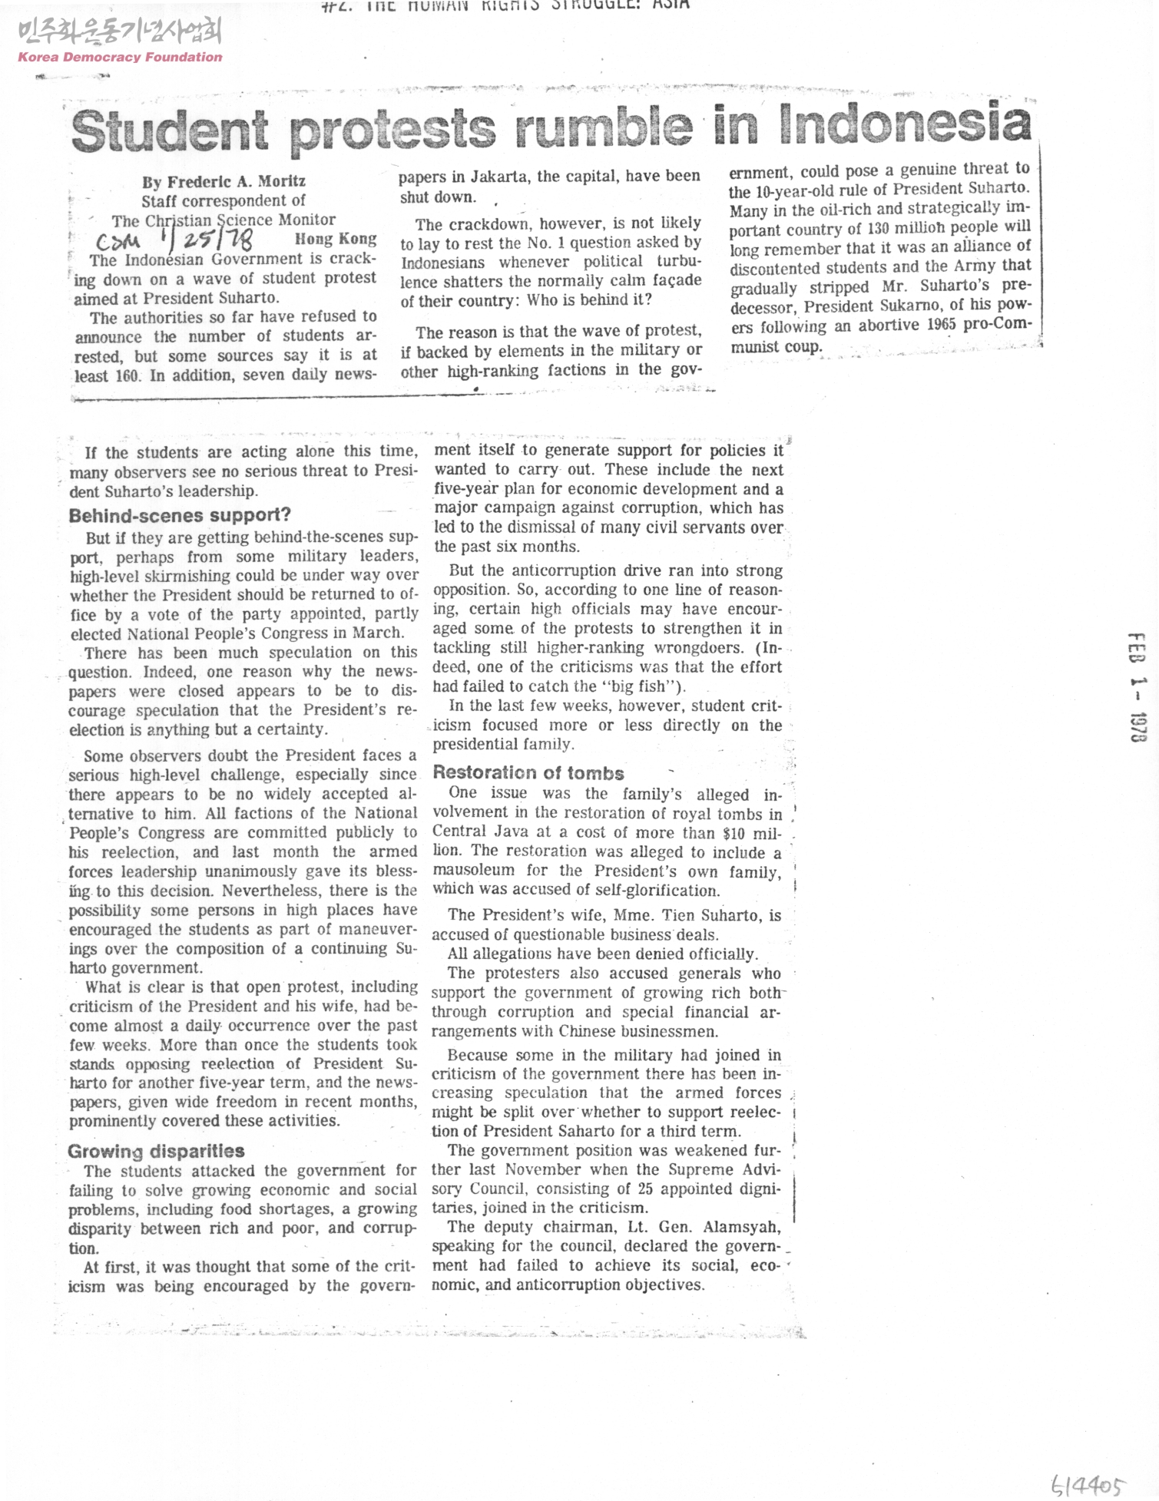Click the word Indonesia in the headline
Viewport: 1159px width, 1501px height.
coord(904,124)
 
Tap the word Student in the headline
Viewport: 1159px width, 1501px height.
coord(170,131)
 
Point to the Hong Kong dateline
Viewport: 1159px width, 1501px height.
coord(336,239)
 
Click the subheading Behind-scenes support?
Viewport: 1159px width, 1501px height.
coord(180,515)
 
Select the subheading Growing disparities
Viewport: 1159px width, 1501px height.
coord(156,1151)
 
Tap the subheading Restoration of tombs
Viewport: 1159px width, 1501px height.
coord(528,773)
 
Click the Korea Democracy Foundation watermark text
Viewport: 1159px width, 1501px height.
coord(120,57)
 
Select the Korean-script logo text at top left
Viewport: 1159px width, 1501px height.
coord(120,31)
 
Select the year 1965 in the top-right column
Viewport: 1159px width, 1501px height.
coord(941,324)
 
